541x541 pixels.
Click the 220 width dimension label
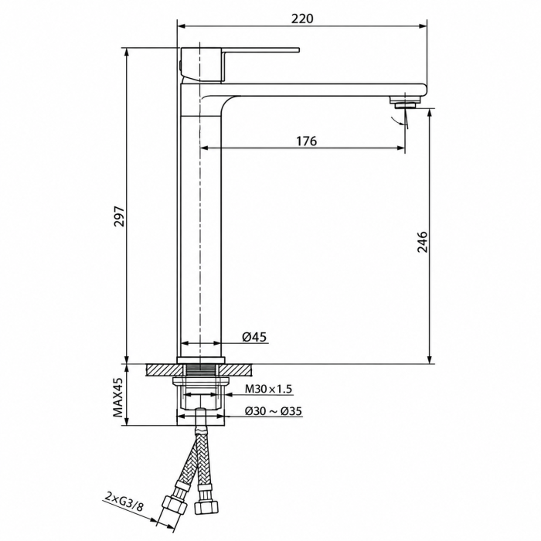click(x=302, y=19)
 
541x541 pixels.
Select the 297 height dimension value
click(x=119, y=216)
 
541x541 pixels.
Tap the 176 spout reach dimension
click(x=306, y=141)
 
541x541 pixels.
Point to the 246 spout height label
click(x=422, y=242)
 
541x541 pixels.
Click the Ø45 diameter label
click(x=254, y=336)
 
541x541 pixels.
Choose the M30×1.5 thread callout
click(x=268, y=389)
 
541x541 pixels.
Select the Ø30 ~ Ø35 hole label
click(x=274, y=411)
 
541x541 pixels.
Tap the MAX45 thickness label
click(x=118, y=397)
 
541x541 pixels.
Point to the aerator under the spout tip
click(x=406, y=102)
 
